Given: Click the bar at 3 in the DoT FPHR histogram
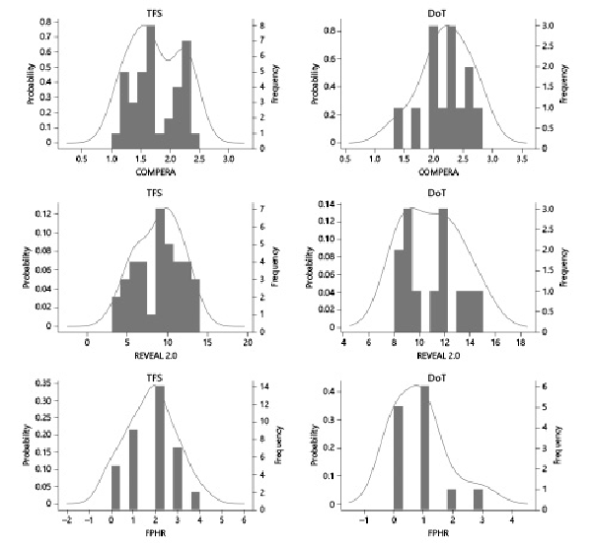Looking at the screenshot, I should (479, 498).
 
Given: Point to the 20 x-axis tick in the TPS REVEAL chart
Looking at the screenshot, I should (248, 342).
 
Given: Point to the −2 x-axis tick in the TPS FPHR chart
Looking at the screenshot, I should (66, 520).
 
